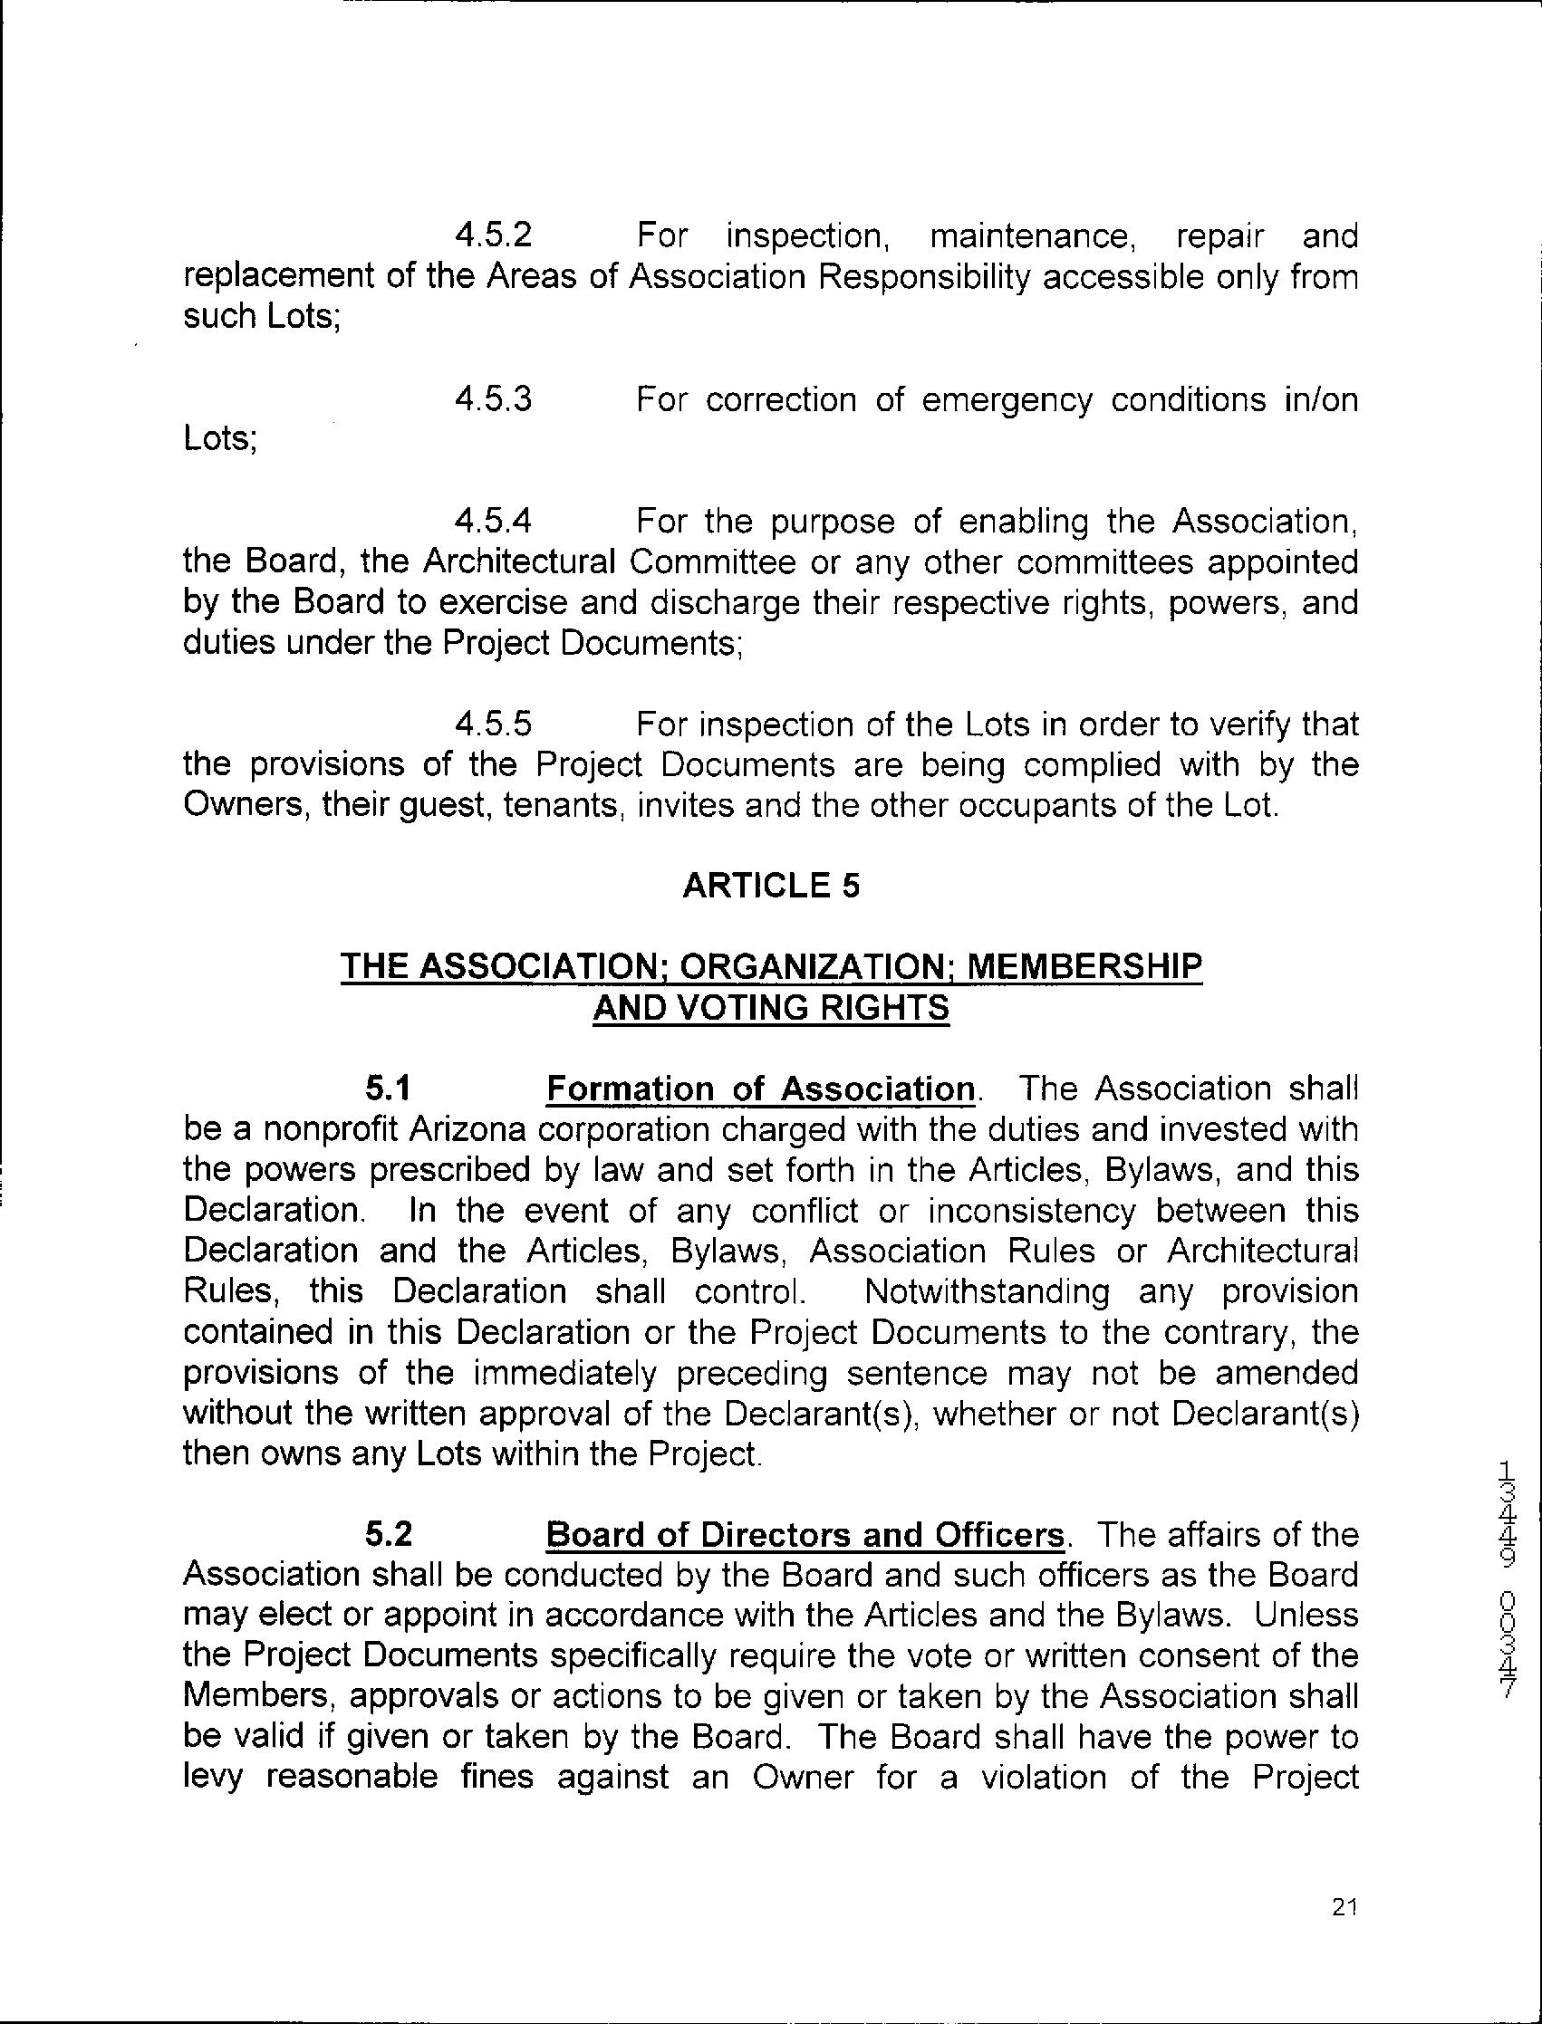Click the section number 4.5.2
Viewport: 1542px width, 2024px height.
coord(493,236)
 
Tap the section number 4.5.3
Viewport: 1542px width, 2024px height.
coord(493,400)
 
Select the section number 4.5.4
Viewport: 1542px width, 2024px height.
coord(493,522)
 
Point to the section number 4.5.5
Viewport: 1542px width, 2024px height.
coord(493,724)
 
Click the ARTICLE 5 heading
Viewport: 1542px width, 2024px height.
coord(771,886)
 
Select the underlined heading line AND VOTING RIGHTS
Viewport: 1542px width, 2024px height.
coord(771,1007)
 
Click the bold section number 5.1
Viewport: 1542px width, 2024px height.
coord(388,1089)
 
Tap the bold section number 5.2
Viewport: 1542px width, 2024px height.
coord(389,1535)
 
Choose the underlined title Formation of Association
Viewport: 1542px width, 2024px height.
coord(760,1089)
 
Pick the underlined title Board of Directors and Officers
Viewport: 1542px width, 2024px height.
coord(805,1535)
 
